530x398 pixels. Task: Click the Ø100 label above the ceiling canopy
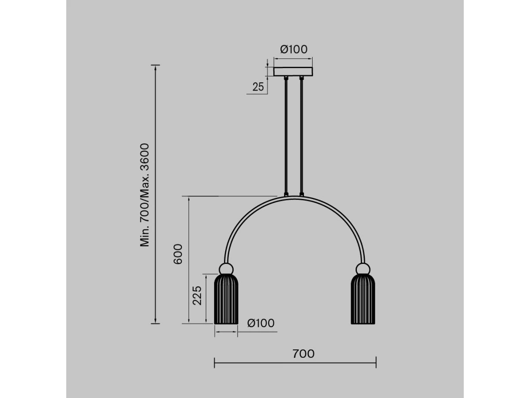click(x=293, y=50)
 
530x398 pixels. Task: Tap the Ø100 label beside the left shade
click(x=261, y=323)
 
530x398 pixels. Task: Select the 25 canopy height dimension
click(x=258, y=87)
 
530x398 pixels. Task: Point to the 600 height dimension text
click(x=178, y=254)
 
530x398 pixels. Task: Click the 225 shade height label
click(x=197, y=295)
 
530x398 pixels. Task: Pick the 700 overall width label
click(x=303, y=354)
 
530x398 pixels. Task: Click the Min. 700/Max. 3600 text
click(x=144, y=195)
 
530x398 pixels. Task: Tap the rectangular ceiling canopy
click(x=293, y=72)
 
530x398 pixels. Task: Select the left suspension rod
click(x=286, y=136)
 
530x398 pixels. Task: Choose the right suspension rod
click(x=301, y=136)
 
